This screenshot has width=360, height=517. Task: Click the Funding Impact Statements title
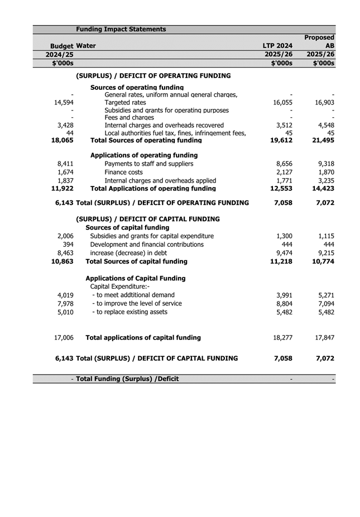pos(121,29)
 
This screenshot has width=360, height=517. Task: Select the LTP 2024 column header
pos(277,46)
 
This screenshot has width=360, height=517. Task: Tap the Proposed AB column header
pos(319,41)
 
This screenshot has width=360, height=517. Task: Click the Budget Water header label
pos(73,46)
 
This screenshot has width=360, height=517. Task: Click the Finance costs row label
pos(123,173)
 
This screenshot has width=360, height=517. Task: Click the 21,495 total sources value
pos(323,140)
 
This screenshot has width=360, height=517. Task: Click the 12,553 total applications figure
pos(281,189)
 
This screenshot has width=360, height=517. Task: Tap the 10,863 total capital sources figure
pos(62,261)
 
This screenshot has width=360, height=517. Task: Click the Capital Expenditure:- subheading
pos(116,286)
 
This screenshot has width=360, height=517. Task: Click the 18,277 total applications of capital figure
pos(281,337)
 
